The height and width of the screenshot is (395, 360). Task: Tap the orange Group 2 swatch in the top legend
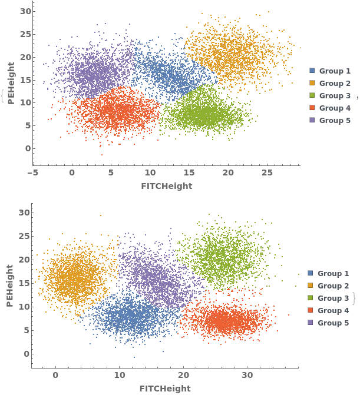(312, 84)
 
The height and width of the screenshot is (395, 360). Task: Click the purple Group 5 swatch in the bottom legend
(311, 323)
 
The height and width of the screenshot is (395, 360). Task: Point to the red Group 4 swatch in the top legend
(312, 108)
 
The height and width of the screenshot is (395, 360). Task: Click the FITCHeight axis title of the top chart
(166, 186)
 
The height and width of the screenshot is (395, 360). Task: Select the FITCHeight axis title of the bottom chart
(165, 389)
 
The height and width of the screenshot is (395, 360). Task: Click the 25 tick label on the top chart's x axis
(267, 173)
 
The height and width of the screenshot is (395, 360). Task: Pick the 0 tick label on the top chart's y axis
(27, 148)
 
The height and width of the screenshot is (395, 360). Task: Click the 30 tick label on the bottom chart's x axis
(247, 376)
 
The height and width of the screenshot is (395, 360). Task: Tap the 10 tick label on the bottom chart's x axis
(119, 376)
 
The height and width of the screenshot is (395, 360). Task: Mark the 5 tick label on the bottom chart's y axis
(25, 330)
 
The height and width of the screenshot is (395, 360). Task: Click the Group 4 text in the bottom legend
(333, 310)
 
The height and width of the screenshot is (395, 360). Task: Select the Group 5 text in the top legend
(335, 120)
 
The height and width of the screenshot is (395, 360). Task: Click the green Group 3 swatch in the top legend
(312, 95)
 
